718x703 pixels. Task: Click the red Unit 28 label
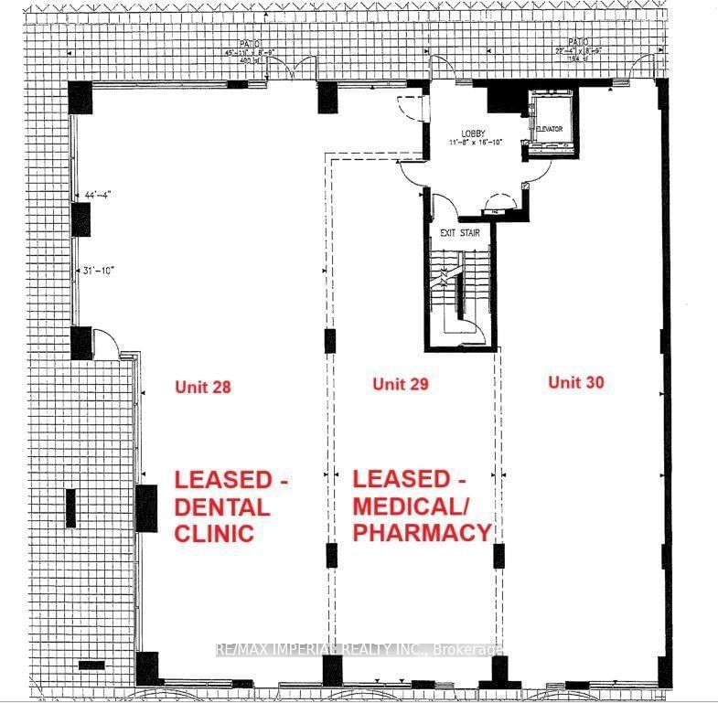[x=202, y=387]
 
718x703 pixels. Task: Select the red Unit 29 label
[x=401, y=384]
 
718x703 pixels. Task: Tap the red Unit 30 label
[x=576, y=382]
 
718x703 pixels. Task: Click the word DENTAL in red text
[x=222, y=506]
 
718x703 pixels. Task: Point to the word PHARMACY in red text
[x=422, y=533]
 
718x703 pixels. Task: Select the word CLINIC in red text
[x=214, y=534]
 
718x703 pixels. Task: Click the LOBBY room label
[x=473, y=133]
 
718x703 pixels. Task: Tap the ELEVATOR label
[x=548, y=129]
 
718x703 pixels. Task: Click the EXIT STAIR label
[x=460, y=233]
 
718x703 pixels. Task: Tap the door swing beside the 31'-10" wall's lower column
[x=108, y=343]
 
